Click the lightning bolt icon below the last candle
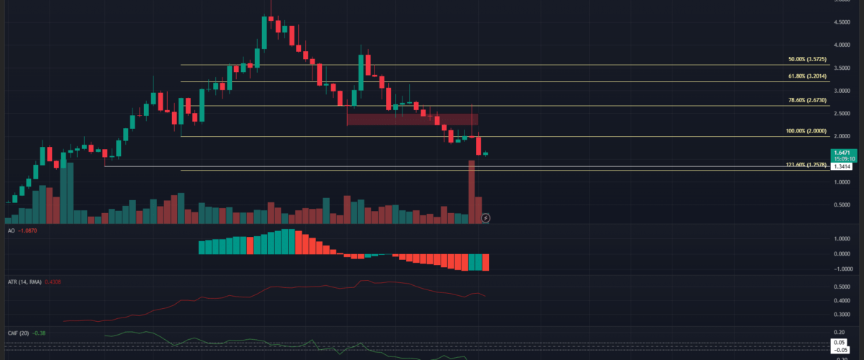[x=486, y=217]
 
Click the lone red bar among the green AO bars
[x=251, y=245]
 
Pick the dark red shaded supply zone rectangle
[x=413, y=119]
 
